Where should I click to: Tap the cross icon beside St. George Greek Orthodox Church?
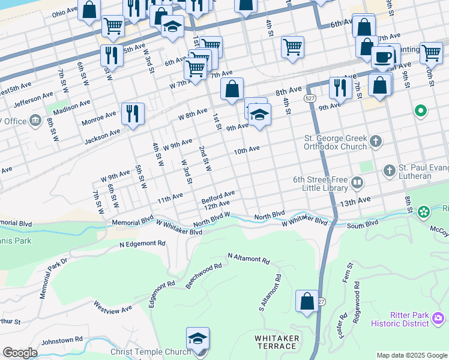click(376, 142)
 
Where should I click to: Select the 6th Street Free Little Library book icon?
click(357, 182)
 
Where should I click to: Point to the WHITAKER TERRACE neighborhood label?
click(277, 342)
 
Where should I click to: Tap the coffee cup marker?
click(382, 58)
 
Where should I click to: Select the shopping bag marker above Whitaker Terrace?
click(307, 301)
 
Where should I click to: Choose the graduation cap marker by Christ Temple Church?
click(197, 339)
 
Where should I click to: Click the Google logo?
click(20, 353)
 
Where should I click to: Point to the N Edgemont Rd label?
click(142, 244)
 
